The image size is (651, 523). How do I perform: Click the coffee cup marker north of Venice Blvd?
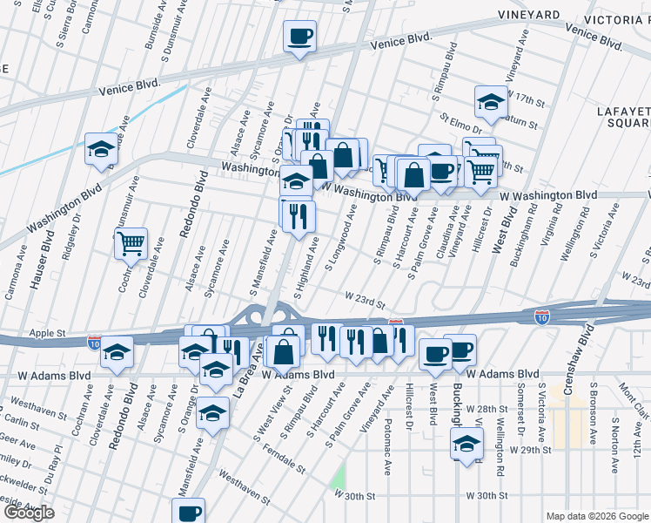click(x=299, y=37)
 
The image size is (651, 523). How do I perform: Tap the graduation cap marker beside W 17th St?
click(x=491, y=102)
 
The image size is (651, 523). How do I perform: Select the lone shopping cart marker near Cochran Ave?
click(x=131, y=244)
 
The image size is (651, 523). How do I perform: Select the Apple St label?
click(x=49, y=333)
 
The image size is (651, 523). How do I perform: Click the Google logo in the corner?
click(x=28, y=513)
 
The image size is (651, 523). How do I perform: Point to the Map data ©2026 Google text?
click(x=596, y=516)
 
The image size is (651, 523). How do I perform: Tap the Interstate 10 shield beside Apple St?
click(x=92, y=343)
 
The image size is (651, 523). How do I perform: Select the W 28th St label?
click(x=486, y=408)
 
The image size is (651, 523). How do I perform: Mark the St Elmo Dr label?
click(x=459, y=121)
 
